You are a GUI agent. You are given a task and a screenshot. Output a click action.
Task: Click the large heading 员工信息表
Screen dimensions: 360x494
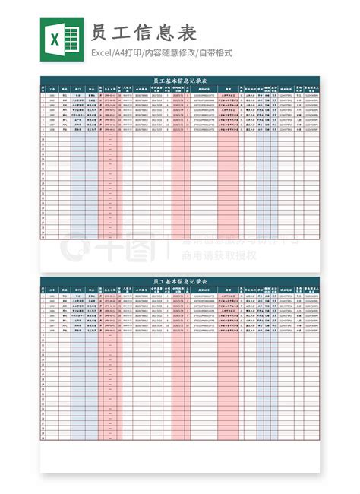tap(144, 33)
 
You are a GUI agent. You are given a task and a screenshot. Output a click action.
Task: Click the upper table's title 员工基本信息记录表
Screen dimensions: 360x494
tap(180, 80)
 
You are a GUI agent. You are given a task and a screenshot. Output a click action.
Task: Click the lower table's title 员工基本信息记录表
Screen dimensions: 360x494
tap(180, 281)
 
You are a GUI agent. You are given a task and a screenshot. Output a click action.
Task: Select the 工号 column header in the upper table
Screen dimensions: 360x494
tap(52, 88)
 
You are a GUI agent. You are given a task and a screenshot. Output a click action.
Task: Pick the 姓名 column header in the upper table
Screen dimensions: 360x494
tap(65, 88)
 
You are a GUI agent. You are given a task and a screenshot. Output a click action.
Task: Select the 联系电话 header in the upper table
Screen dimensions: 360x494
tap(286, 88)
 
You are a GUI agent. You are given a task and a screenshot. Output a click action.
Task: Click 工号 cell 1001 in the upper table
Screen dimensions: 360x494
tap(52, 95)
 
